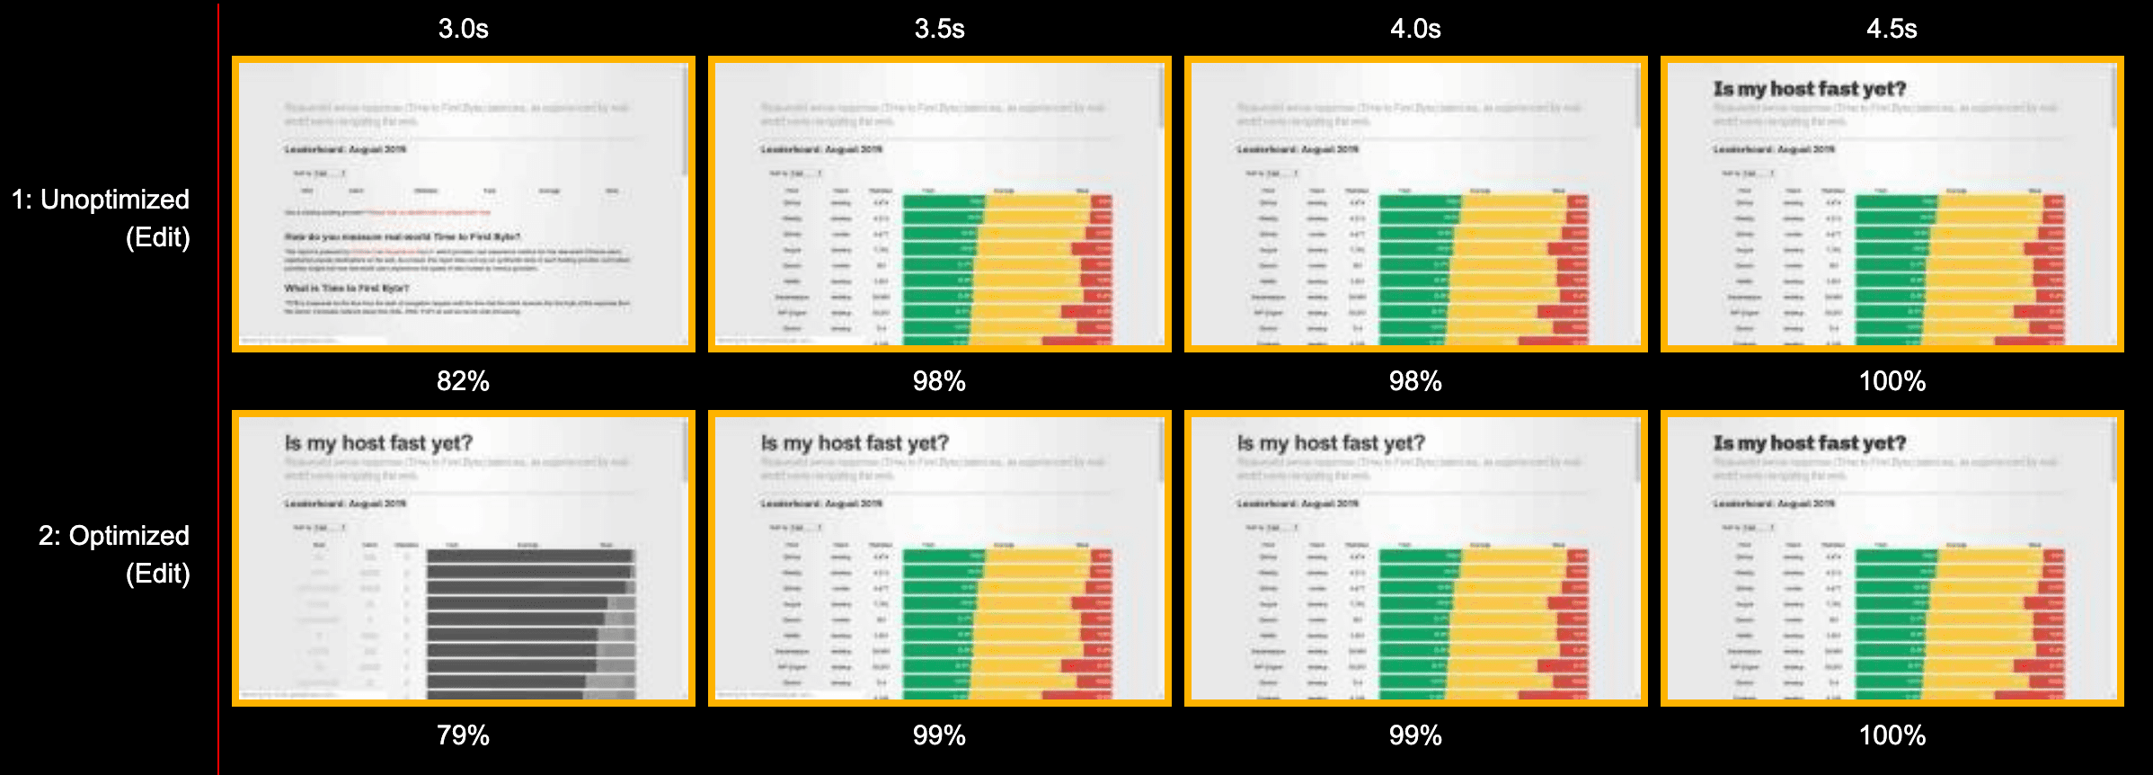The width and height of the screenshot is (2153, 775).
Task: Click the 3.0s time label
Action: (463, 29)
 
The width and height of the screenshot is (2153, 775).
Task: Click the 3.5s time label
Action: (939, 29)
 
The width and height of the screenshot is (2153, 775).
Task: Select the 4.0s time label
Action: (1415, 29)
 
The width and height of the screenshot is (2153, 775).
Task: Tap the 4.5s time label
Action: (1892, 29)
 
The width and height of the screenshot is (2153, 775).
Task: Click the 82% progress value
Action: (463, 381)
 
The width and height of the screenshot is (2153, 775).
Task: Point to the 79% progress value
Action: (463, 735)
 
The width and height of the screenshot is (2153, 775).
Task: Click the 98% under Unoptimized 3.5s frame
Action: (939, 381)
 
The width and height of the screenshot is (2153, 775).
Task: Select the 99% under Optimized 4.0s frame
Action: (1415, 735)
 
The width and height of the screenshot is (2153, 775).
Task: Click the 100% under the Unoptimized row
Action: (1892, 381)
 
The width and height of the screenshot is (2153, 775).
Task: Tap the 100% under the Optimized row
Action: (1892, 735)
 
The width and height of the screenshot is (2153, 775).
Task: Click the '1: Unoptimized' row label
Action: (101, 200)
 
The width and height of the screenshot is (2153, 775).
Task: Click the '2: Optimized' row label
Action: (113, 536)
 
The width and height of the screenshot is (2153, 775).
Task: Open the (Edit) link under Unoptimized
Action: (158, 237)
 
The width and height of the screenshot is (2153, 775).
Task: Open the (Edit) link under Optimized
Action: (158, 574)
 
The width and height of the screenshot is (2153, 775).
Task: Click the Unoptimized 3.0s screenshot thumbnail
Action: (463, 204)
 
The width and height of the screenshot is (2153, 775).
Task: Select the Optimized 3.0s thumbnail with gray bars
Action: (463, 558)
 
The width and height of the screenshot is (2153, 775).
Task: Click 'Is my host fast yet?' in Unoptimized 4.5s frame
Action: (1809, 89)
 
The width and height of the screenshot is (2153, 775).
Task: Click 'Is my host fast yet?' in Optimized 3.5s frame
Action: (855, 443)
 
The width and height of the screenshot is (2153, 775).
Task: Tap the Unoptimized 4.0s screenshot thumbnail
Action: (1415, 204)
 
